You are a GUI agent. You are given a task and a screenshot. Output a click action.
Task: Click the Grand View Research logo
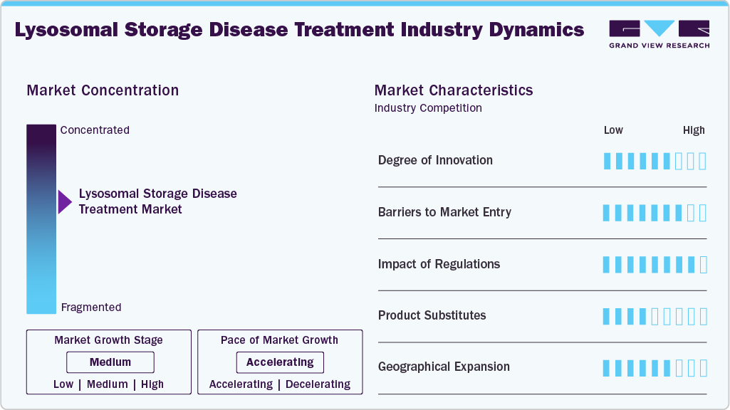point(659,34)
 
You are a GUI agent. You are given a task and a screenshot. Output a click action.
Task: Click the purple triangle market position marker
point(64,202)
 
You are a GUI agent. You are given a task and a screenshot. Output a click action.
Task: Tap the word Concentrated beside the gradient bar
point(95,130)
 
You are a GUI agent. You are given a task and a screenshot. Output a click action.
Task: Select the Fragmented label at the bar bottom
point(91,307)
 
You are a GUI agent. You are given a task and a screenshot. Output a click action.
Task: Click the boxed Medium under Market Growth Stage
point(110,362)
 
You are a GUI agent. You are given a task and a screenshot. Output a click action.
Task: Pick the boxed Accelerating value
point(280,362)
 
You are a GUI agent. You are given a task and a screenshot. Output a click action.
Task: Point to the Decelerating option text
point(318,384)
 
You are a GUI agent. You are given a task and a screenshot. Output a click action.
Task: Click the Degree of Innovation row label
point(435,160)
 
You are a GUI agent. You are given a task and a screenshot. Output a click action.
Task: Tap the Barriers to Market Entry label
point(444,212)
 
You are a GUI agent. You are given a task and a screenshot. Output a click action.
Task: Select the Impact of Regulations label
point(439,264)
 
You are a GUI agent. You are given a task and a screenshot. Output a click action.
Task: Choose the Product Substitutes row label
point(432,315)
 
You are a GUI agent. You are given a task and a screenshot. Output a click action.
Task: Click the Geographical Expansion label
point(444,367)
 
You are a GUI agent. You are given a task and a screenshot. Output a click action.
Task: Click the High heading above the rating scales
point(694,130)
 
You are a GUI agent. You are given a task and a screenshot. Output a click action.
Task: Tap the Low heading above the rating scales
point(613,130)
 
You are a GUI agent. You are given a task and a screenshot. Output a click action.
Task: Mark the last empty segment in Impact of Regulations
point(704,265)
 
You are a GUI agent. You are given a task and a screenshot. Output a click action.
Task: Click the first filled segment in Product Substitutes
point(607,316)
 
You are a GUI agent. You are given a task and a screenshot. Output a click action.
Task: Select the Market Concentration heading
point(103,90)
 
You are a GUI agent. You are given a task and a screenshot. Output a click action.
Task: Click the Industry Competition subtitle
point(428,108)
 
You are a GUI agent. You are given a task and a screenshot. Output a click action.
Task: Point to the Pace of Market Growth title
point(279,340)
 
